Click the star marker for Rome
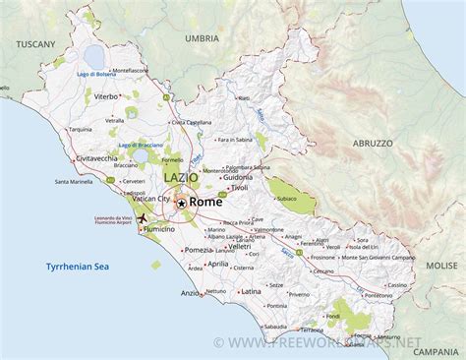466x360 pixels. click(x=180, y=202)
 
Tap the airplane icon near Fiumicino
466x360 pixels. click(x=142, y=217)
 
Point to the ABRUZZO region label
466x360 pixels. click(x=373, y=143)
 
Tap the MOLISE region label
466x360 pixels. click(x=441, y=266)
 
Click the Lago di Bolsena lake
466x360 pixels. click(x=95, y=56)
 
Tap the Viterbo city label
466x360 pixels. click(x=106, y=96)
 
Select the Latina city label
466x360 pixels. click(x=252, y=291)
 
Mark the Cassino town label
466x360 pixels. click(x=397, y=284)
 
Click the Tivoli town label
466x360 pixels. click(x=239, y=187)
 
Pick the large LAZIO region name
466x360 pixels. click(x=181, y=178)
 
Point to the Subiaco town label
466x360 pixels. click(x=287, y=197)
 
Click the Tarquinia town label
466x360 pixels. click(x=79, y=129)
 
